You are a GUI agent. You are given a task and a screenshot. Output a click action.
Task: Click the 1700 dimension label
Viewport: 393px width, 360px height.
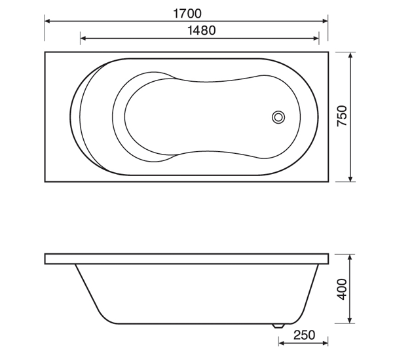pos(187,14)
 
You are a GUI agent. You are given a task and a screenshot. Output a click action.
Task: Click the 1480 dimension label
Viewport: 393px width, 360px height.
pos(202,30)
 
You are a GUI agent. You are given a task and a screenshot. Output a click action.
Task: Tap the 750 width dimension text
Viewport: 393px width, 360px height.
pos(342,116)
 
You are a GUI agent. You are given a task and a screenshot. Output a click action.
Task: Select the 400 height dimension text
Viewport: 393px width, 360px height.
pos(342,289)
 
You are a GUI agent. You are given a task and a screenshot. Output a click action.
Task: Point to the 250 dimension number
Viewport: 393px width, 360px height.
pos(305,335)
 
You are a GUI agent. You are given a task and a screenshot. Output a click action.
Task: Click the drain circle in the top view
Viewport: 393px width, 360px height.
pos(278,117)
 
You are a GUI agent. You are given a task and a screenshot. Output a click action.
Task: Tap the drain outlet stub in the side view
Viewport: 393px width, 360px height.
pos(278,326)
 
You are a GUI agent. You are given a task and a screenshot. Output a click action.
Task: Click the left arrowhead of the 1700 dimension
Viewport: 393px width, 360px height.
pos(48,22)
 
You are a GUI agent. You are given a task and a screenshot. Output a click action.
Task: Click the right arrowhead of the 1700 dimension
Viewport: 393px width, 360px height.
pos(325,22)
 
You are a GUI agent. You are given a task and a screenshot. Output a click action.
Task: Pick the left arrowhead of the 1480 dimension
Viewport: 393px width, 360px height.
pos(83,38)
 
